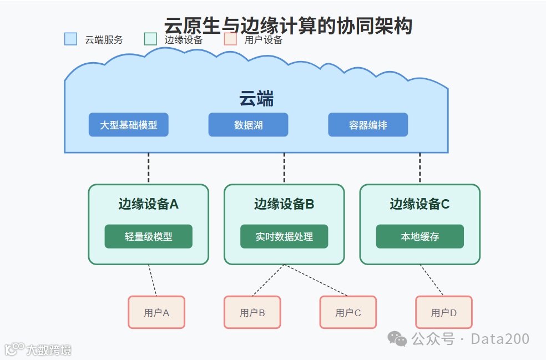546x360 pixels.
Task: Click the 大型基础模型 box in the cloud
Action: click(x=128, y=125)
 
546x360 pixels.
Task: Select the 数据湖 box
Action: click(x=248, y=125)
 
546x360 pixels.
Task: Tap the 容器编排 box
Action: click(x=368, y=125)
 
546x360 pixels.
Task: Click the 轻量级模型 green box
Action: click(x=148, y=236)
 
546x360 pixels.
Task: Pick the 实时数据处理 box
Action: click(x=284, y=236)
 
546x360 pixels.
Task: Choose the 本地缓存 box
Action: click(x=419, y=236)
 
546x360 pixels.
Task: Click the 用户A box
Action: click(x=156, y=312)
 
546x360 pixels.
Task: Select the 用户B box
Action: click(x=252, y=312)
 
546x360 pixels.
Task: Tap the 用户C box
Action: click(x=348, y=312)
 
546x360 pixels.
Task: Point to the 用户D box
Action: click(x=444, y=312)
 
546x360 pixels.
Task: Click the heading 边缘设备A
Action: click(x=148, y=204)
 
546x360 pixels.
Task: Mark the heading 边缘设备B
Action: click(x=284, y=204)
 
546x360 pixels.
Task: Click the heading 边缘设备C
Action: click(x=419, y=204)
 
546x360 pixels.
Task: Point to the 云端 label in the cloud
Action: click(x=256, y=99)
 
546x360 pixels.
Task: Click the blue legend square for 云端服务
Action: click(x=70, y=39)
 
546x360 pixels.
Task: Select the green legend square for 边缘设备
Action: click(x=150, y=39)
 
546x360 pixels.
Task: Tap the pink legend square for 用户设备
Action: click(x=230, y=39)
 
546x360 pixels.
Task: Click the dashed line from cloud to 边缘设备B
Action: click(x=284, y=168)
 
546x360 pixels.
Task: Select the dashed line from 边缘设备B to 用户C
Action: click(x=316, y=280)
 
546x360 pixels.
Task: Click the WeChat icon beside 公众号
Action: click(x=397, y=338)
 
